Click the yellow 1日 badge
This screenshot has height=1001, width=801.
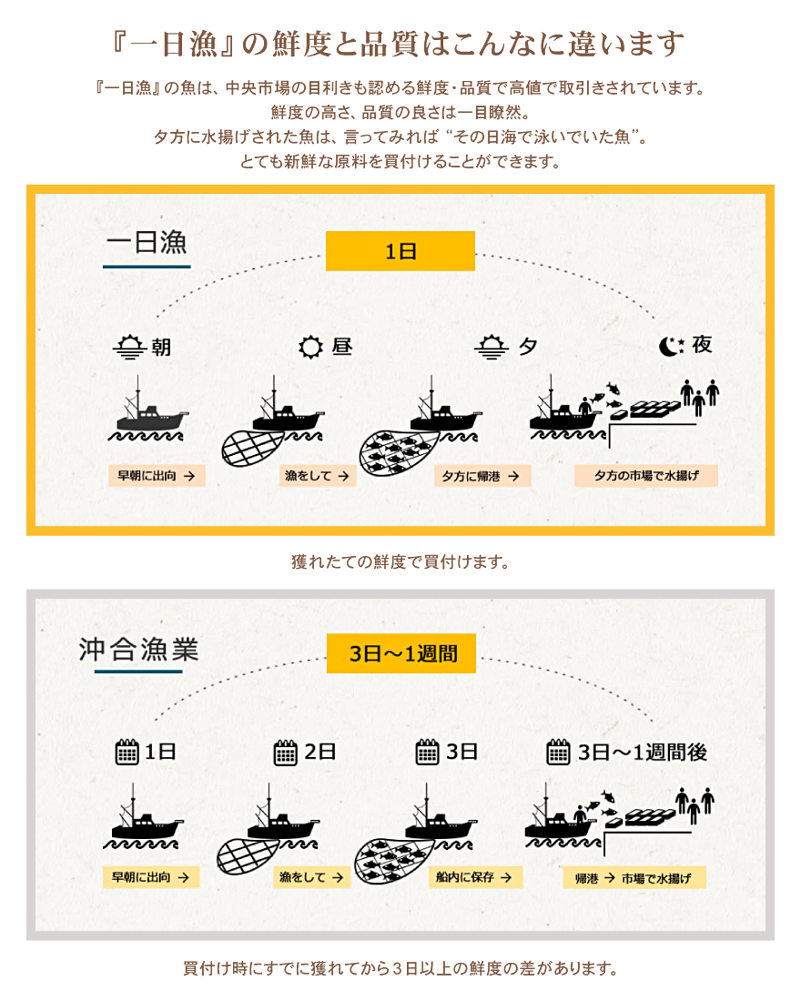coord(400,251)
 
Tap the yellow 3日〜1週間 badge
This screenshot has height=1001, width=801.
coord(401,653)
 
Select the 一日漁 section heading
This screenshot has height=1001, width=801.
coord(147,243)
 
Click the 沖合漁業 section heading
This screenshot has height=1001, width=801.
coord(138,649)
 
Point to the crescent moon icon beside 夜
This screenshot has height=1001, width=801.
coord(672,346)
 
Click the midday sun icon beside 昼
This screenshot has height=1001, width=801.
coord(311,347)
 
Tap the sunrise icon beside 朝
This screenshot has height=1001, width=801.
coord(129,347)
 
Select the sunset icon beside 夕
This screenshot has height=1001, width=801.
coord(492,347)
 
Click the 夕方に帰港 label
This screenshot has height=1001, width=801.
coord(482,476)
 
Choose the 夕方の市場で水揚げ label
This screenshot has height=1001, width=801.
coord(645,476)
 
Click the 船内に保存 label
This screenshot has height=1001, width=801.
coord(475,877)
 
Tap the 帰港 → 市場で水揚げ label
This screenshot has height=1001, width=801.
coord(634,878)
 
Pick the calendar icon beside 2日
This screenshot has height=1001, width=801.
coord(285,753)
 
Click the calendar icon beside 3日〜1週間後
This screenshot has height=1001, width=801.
coord(558,752)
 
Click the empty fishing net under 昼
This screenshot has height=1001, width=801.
coord(252,448)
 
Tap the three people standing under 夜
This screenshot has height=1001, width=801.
coord(699,396)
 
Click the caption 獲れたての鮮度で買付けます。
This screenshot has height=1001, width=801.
coord(400,561)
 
